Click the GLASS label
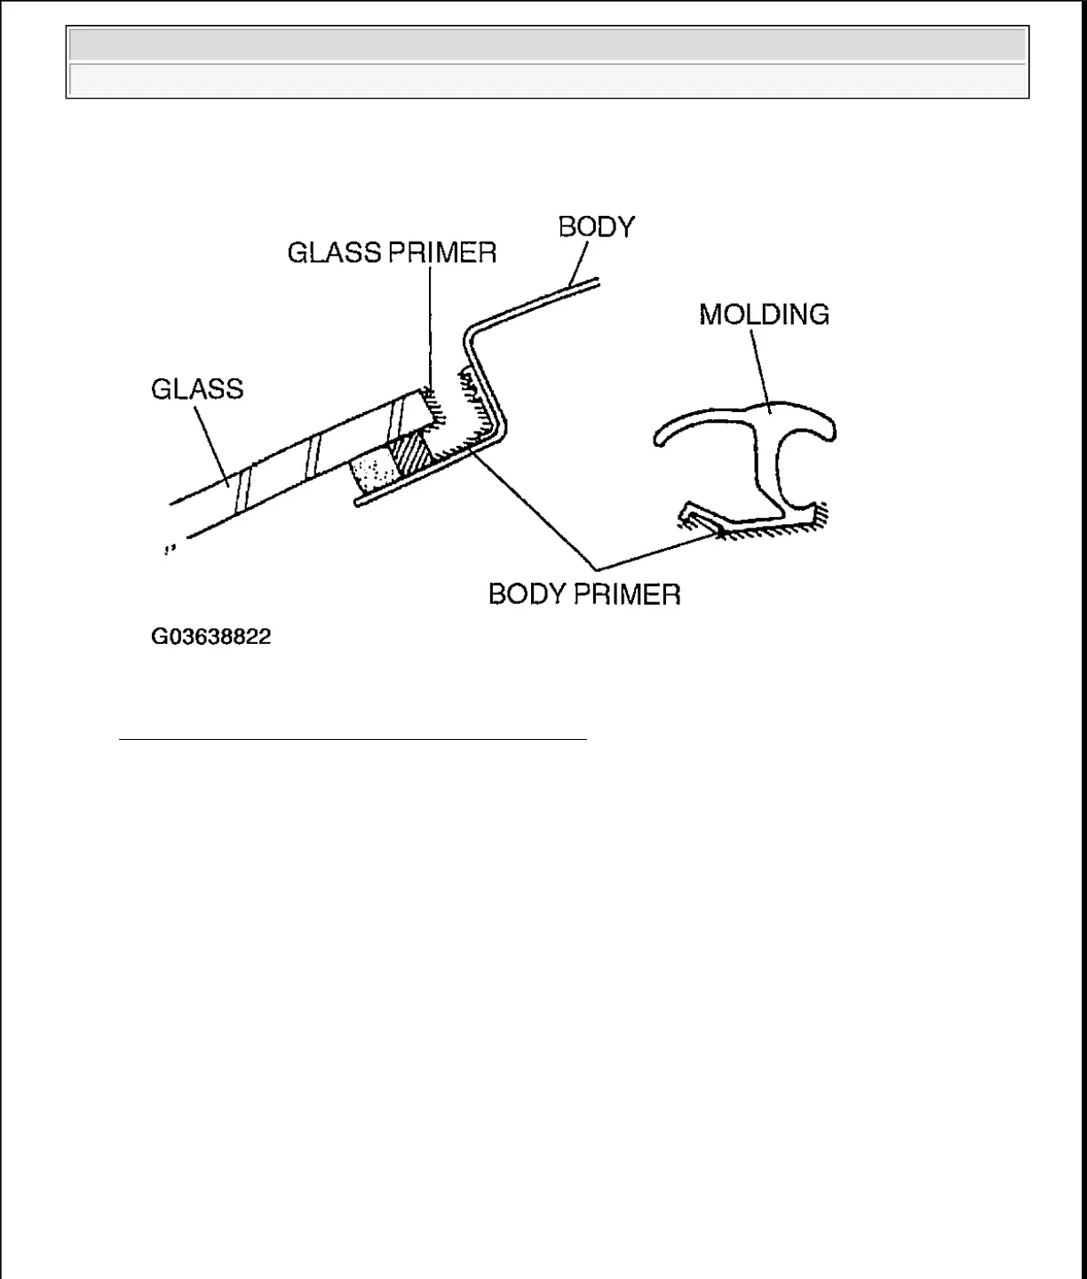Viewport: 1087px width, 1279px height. pos(197,389)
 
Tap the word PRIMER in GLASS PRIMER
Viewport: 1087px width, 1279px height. pos(442,253)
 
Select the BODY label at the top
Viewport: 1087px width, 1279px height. pos(597,227)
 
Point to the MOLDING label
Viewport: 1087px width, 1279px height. pos(764,314)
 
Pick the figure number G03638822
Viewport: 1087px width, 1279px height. pos(210,637)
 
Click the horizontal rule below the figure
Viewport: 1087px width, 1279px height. pos(353,739)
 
